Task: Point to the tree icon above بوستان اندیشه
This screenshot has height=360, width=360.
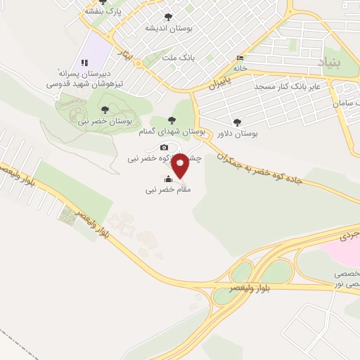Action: point(167,17)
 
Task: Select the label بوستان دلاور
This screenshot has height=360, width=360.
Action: point(236,132)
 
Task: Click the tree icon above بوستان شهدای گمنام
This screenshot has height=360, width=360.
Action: point(173,120)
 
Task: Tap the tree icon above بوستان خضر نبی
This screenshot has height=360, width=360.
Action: point(105,109)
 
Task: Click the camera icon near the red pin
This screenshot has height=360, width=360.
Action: point(164,147)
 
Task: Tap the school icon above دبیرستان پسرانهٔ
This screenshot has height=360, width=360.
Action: point(84,63)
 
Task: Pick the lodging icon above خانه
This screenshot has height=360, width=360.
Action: point(241,58)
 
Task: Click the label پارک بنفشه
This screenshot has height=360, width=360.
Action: point(104,12)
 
